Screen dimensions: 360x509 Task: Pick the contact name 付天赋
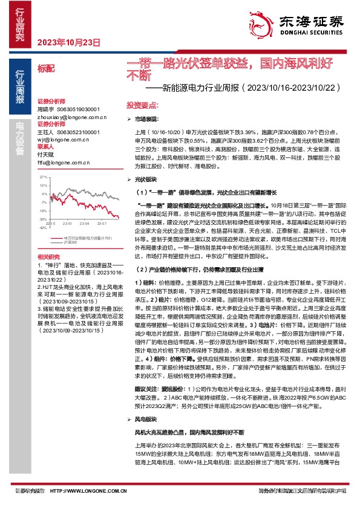coord(46,154)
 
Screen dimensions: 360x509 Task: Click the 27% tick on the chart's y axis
coord(42,177)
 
